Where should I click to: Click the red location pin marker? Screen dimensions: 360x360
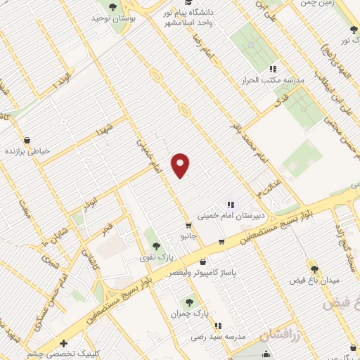tap(181, 165)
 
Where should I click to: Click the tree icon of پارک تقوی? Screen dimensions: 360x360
tap(155, 246)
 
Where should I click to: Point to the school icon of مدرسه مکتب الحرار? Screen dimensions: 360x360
tap(272, 69)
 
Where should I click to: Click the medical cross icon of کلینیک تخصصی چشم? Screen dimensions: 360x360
tap(64, 343)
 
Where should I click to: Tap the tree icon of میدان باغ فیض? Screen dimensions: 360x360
tap(314, 269)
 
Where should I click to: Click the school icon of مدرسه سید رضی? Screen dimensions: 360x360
tap(218, 326)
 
